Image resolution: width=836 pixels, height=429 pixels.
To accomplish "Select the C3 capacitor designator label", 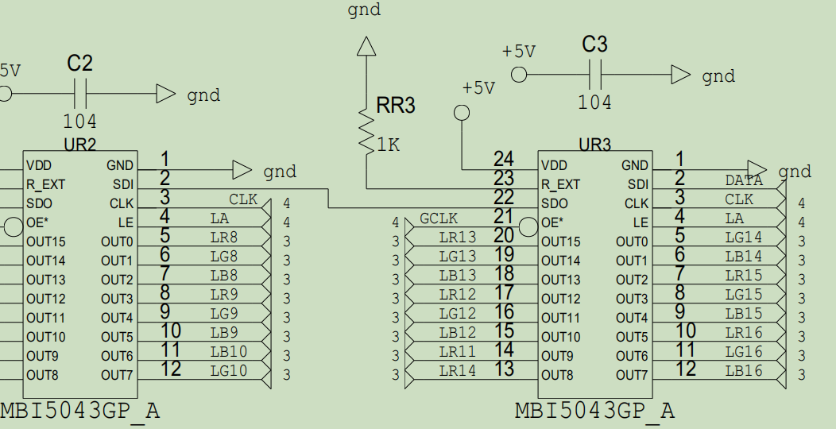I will click(594, 44).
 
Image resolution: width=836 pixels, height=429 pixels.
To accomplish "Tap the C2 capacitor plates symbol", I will click(80, 94).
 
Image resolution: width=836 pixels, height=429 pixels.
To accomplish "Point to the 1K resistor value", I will click(389, 145).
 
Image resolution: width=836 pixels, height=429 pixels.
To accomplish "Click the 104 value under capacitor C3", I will click(594, 102).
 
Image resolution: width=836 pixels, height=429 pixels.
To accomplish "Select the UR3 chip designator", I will click(595, 145).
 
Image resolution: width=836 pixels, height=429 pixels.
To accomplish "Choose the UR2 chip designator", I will click(79, 145).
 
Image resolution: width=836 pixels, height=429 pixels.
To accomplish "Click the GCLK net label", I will click(439, 218).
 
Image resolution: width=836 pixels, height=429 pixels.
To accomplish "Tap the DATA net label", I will click(744, 180).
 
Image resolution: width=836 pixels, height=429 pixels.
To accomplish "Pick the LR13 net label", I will click(458, 238).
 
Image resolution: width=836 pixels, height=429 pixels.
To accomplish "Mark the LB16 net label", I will click(744, 371).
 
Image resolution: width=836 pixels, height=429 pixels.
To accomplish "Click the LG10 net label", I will click(229, 371).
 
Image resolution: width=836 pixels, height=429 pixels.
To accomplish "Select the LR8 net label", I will click(223, 238).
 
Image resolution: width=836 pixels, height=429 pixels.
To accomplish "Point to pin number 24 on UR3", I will click(504, 159).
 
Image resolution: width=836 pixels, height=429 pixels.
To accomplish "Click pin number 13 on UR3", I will click(504, 369).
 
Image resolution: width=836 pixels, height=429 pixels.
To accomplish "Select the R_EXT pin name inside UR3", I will click(560, 184).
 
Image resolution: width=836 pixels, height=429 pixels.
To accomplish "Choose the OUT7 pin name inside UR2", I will click(117, 375).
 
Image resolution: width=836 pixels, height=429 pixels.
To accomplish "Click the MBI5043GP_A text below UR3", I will click(594, 411).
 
